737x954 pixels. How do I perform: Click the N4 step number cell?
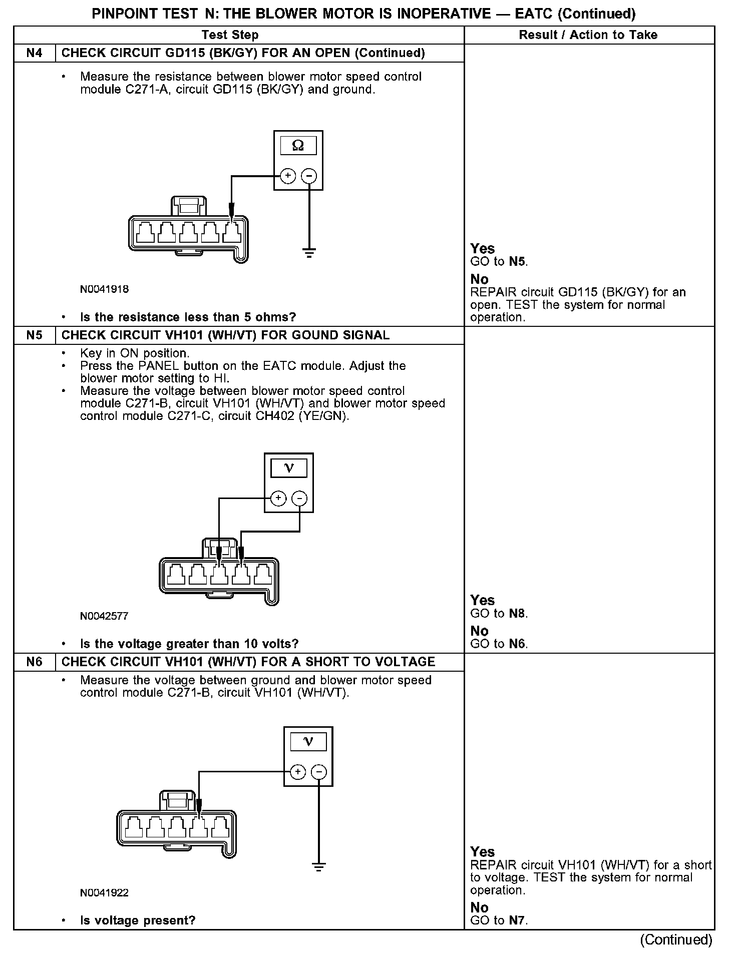click(34, 53)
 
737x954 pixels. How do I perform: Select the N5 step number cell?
click(34, 335)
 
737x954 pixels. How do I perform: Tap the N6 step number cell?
click(34, 662)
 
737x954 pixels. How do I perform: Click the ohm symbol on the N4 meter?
click(298, 146)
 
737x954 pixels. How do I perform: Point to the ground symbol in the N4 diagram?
click(309, 252)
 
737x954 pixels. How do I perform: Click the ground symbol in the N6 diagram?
click(318, 866)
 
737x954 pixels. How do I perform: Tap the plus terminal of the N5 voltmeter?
click(278, 498)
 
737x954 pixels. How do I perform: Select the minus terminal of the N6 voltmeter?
click(319, 772)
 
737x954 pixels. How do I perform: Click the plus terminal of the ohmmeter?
click(287, 176)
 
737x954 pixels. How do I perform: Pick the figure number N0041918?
click(104, 289)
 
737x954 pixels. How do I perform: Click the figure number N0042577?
click(104, 616)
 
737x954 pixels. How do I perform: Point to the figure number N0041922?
click(104, 893)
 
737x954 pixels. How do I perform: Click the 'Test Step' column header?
click(230, 35)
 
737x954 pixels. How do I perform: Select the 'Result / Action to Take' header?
click(588, 35)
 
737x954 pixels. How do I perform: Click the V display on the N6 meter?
click(308, 741)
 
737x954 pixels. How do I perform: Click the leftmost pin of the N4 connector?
click(145, 232)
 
